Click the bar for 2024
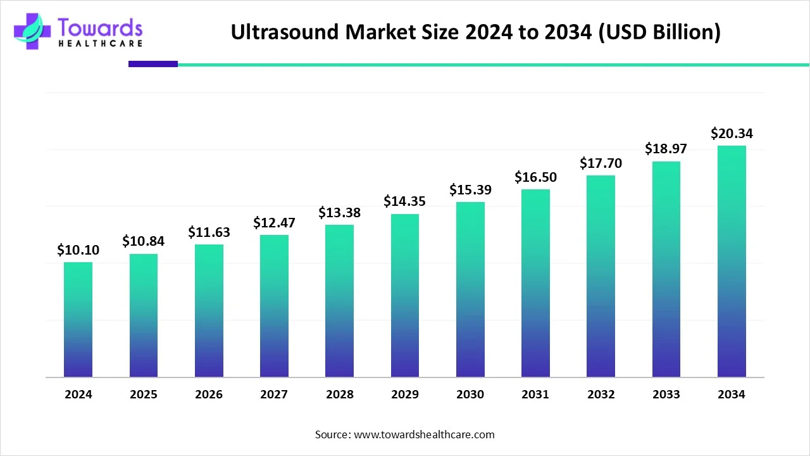[78, 320]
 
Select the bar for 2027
[274, 306]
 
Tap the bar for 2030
[470, 289]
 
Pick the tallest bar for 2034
[732, 262]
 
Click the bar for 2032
[601, 276]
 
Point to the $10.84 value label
[144, 241]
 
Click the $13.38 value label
[340, 212]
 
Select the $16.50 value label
[535, 177]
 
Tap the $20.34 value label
[732, 133]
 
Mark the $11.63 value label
[209, 232]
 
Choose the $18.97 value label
[666, 149]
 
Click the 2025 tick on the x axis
[144, 395]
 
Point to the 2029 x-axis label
[405, 395]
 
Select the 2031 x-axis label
[535, 395]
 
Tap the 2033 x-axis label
[666, 395]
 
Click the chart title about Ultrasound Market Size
[475, 32]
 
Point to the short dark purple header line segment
[153, 64]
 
